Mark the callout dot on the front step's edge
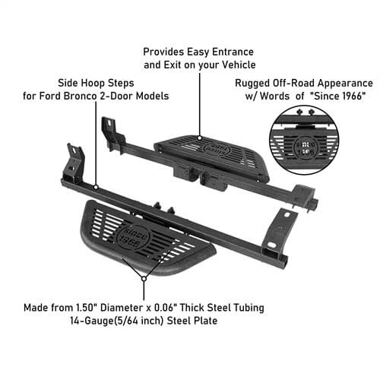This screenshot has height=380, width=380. (x=142, y=279)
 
